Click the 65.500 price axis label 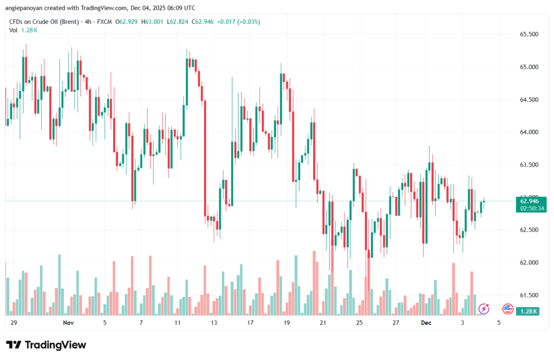point(529,34)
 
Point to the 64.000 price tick point(529,132)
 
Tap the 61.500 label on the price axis point(529,295)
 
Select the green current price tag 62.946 point(531,201)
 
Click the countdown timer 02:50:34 point(531,208)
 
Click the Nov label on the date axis point(68,323)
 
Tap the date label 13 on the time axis point(214,323)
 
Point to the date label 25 point(359,323)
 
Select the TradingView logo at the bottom point(46,345)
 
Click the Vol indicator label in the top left point(14,30)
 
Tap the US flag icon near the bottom point(507,309)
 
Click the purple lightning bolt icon point(484,309)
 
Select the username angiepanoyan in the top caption point(26,8)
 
